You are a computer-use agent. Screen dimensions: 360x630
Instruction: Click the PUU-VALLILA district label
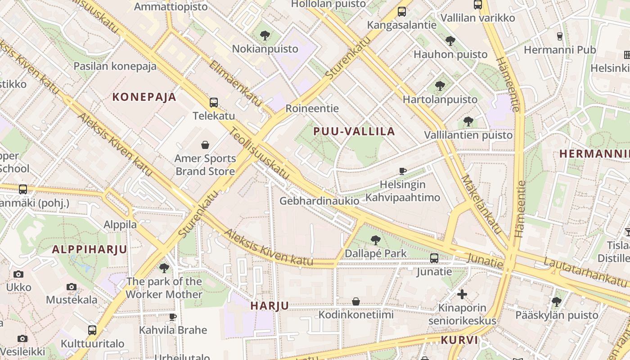coord(354,131)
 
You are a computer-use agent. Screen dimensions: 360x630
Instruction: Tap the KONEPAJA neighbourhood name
coord(144,97)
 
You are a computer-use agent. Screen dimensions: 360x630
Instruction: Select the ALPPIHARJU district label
coord(90,249)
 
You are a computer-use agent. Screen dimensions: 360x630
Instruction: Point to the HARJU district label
coord(270,306)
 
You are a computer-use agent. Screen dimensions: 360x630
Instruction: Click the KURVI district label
coord(459,340)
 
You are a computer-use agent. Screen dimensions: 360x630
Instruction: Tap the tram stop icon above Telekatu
coord(214,103)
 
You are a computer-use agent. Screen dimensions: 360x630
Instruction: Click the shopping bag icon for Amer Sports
coord(205,145)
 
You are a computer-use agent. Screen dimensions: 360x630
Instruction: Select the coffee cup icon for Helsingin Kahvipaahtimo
coord(403,171)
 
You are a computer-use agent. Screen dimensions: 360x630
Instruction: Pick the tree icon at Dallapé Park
coord(375,240)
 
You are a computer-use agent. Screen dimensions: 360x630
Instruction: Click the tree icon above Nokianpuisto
coord(265,35)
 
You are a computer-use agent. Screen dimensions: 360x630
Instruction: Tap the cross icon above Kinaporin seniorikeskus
coord(462,294)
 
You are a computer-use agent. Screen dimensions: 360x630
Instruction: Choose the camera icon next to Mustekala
coord(72,287)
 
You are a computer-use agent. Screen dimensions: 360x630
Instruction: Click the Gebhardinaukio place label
coord(319,201)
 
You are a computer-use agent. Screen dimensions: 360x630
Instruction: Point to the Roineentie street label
coord(312,108)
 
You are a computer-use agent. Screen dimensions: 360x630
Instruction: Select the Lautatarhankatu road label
coord(585,272)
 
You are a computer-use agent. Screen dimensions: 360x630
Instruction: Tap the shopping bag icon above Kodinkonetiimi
coord(356,301)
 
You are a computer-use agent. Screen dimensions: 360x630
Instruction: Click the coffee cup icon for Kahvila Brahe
coord(173,317)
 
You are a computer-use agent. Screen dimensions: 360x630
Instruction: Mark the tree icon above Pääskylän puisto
coord(557,301)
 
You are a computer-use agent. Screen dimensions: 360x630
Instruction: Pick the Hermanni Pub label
coord(560,49)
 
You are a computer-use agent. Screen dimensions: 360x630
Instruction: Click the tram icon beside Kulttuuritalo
coord(92,330)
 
